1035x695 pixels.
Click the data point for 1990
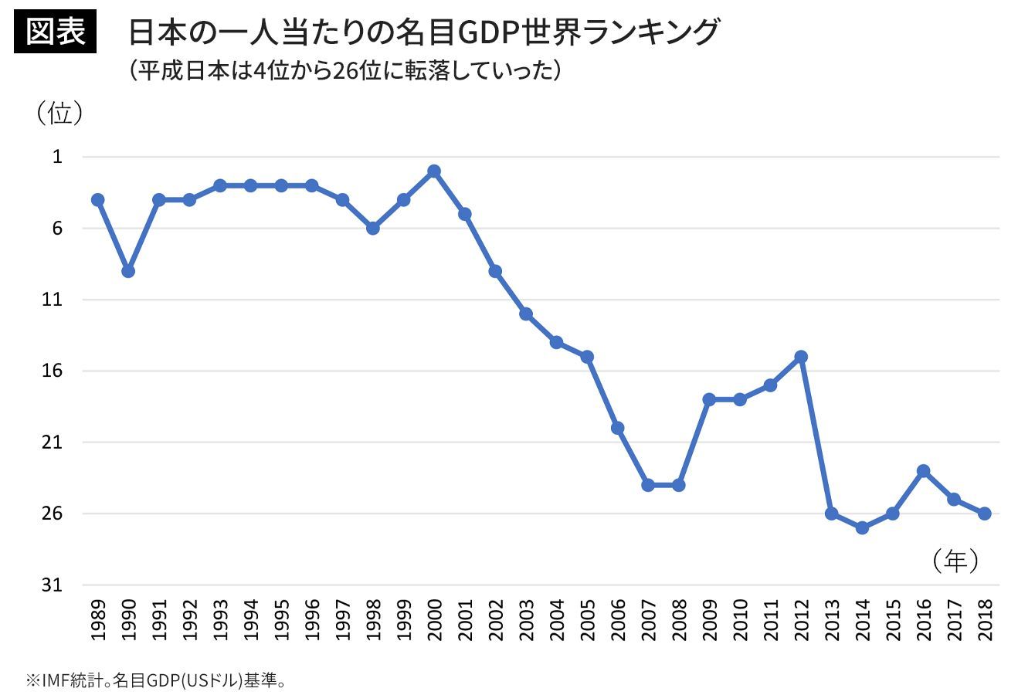(x=128, y=271)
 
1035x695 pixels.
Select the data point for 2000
(x=434, y=171)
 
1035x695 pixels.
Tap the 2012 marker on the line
(x=801, y=357)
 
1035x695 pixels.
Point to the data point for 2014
(x=862, y=528)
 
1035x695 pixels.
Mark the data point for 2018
(x=984, y=514)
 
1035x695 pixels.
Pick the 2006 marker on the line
(x=617, y=428)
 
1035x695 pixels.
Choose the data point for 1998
(x=373, y=229)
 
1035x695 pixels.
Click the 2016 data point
(x=923, y=470)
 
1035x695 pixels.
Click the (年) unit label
(x=955, y=561)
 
